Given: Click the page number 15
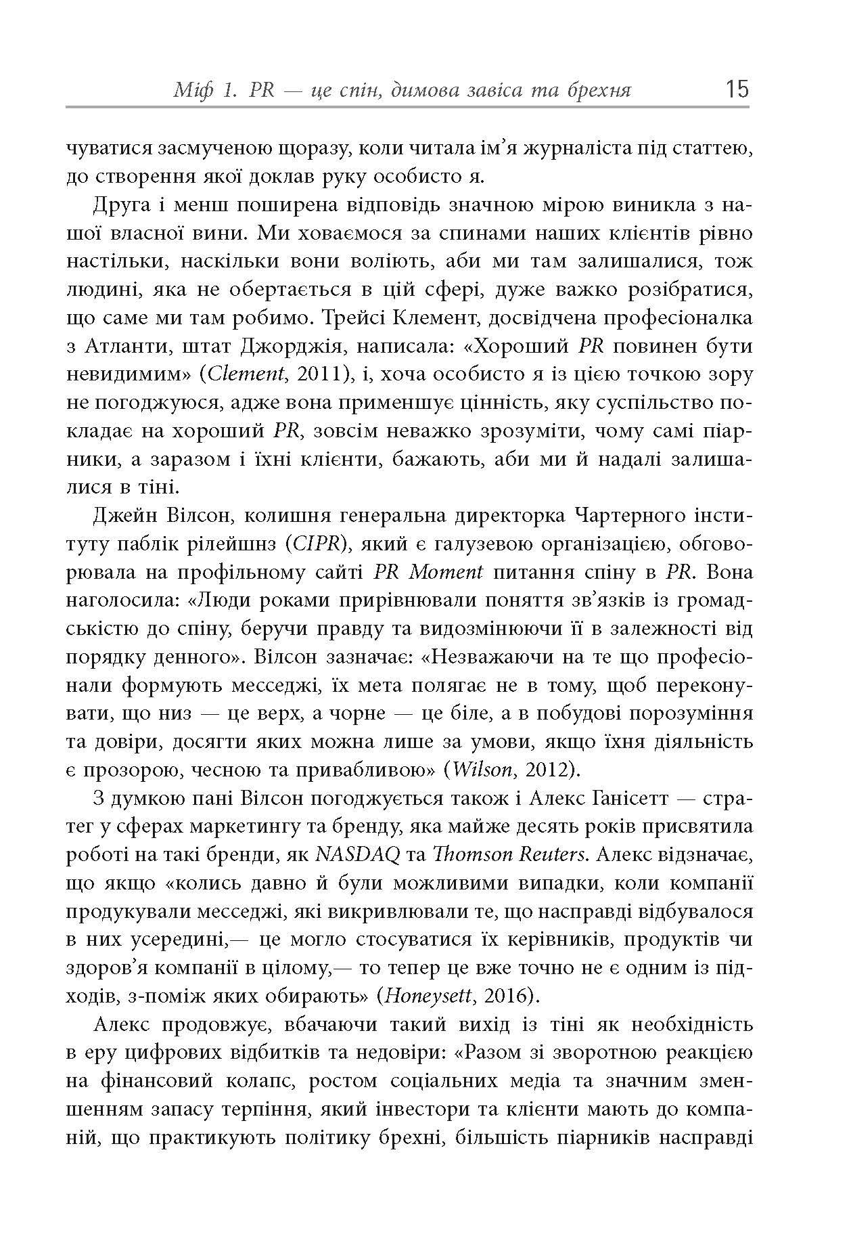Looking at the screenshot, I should pos(736,89).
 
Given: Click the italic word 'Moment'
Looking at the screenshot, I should pos(446,572).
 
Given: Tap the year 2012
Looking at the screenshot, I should pos(551,770).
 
